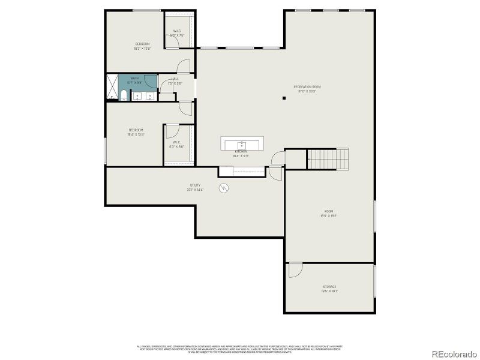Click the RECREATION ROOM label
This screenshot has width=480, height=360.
tap(304, 87)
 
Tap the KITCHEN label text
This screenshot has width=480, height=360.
tap(241, 152)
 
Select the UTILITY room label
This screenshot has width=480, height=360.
tap(195, 185)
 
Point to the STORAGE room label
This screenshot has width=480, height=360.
tap(329, 287)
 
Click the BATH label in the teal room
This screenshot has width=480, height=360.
tap(134, 78)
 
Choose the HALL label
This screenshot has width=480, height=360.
tap(175, 79)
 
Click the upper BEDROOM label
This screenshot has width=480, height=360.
tap(142, 44)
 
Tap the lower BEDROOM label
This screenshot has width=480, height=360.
tap(136, 130)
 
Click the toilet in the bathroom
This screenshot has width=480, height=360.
tap(123, 95)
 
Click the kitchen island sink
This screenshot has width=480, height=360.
tap(242, 145)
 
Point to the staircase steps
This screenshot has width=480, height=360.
tap(328, 158)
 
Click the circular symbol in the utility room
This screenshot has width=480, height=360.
tap(224, 188)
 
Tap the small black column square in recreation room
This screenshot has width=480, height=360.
tap(284, 98)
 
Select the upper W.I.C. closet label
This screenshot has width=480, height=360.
tap(177, 31)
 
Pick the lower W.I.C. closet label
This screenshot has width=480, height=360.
tap(176, 142)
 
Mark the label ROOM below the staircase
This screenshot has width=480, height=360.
tap(329, 211)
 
